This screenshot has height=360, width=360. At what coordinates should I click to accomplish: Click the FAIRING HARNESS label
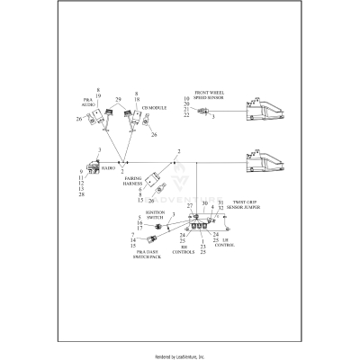(x=137, y=183)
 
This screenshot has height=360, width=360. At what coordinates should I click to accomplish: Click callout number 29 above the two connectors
(x=118, y=98)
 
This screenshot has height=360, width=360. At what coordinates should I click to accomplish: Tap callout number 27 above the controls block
(x=190, y=206)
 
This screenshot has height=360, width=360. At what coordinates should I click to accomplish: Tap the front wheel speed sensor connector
(x=203, y=112)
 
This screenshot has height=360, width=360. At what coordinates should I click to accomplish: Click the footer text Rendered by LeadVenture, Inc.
(x=180, y=356)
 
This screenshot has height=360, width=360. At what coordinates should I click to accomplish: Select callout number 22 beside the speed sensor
(x=186, y=115)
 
